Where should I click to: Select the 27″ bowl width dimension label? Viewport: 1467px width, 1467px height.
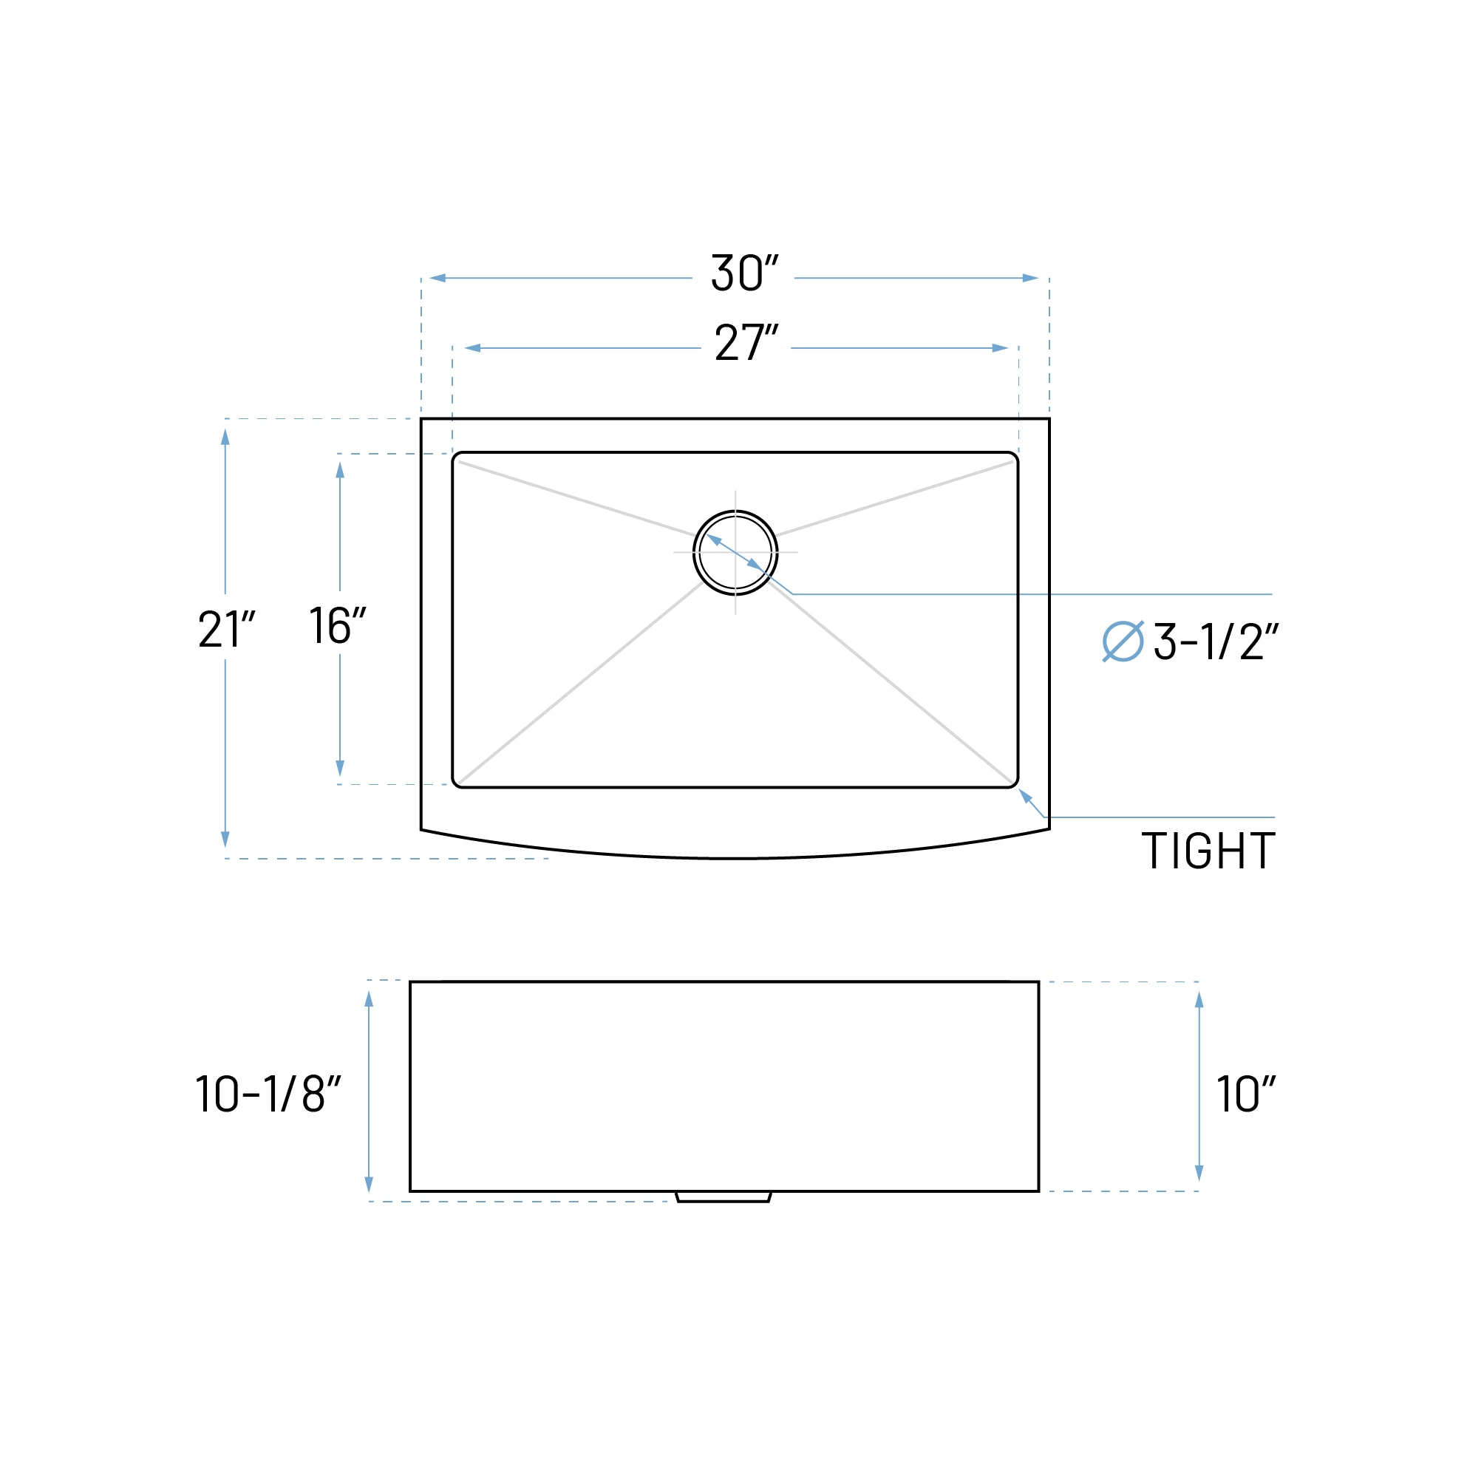pyautogui.click(x=746, y=343)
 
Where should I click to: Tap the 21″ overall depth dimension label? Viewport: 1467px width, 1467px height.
pyautogui.click(x=225, y=630)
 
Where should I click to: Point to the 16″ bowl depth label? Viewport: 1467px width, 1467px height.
pyautogui.click(x=337, y=626)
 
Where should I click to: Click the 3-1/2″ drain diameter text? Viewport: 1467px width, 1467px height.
pyautogui.click(x=1216, y=641)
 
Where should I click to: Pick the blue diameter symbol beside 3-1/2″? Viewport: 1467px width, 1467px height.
pyautogui.click(x=1123, y=641)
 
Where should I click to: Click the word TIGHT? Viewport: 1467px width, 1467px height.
pyautogui.click(x=1208, y=851)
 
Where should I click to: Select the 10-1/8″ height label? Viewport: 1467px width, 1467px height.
pyautogui.click(x=268, y=1095)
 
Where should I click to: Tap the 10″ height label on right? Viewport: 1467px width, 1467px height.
pyautogui.click(x=1245, y=1095)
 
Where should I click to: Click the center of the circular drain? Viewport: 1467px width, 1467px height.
pyautogui.click(x=735, y=553)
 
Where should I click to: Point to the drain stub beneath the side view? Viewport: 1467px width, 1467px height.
pyautogui.click(x=723, y=1197)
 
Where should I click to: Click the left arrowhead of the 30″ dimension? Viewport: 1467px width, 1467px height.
pyautogui.click(x=438, y=278)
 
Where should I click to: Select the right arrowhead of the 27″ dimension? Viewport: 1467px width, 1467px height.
pyautogui.click(x=1000, y=349)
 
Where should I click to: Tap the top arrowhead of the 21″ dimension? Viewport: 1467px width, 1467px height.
pyautogui.click(x=225, y=437)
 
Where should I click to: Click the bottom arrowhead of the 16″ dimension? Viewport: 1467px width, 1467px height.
pyautogui.click(x=339, y=768)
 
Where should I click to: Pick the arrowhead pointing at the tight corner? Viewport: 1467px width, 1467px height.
pyautogui.click(x=1024, y=794)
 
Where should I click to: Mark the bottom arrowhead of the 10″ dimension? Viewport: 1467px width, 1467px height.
pyautogui.click(x=1199, y=1172)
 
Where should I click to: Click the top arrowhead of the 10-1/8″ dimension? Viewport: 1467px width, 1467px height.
pyautogui.click(x=369, y=999)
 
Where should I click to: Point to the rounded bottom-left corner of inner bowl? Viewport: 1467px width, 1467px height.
pyautogui.click(x=457, y=782)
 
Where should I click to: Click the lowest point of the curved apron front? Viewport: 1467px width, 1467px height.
pyautogui.click(x=735, y=858)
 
